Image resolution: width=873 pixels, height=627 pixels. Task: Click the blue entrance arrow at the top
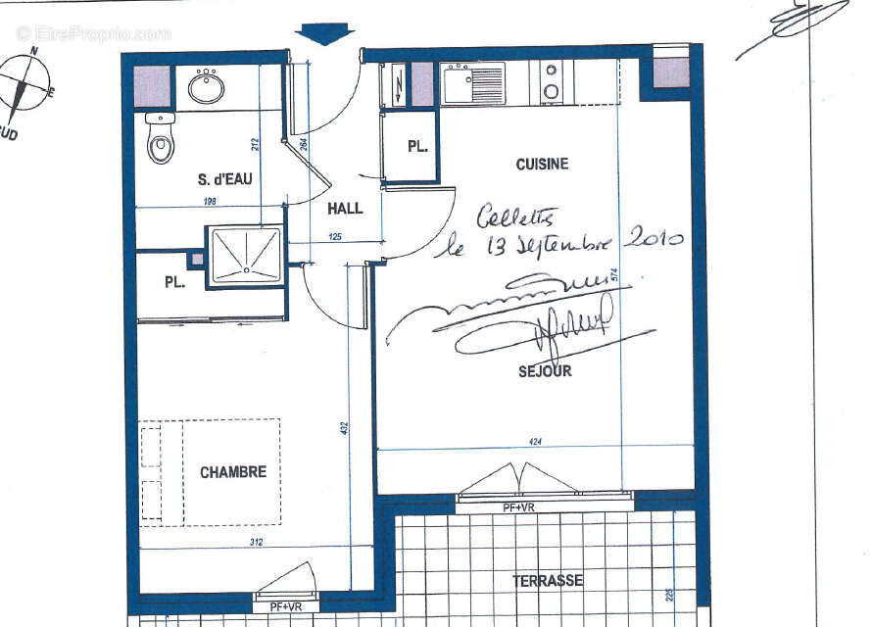(324, 31)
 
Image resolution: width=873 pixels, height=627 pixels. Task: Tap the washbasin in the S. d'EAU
(206, 87)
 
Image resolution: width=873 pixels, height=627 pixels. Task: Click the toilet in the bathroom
(160, 140)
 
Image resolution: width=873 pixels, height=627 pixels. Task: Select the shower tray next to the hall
(244, 255)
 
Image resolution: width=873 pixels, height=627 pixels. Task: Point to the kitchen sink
(473, 84)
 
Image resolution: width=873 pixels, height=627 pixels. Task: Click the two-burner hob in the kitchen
(552, 82)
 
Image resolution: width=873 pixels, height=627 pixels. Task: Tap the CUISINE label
(542, 165)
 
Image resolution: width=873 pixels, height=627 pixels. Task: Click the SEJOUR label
(545, 371)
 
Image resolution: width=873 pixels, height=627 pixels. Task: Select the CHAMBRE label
(233, 472)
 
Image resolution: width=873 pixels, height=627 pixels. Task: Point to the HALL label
(345, 209)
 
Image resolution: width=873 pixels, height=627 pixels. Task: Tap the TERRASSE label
(548, 581)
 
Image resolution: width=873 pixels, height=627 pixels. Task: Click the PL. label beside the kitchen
(418, 147)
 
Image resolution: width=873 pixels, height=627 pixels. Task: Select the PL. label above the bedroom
(175, 283)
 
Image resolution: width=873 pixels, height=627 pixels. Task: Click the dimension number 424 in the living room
(535, 443)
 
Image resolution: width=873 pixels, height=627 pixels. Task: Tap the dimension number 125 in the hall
(335, 236)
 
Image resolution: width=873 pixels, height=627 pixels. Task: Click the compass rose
(24, 86)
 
